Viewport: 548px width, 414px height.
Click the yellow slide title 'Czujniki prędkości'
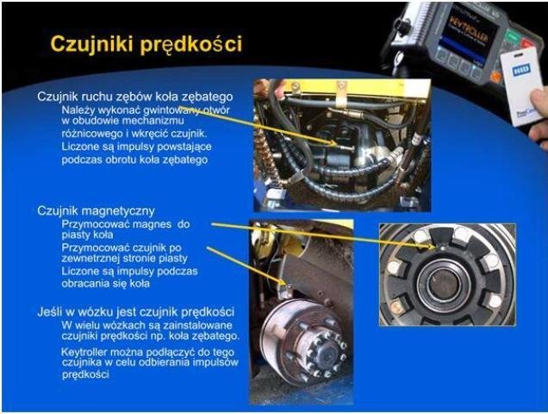tap(146, 45)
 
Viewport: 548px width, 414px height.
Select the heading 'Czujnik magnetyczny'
tap(97, 211)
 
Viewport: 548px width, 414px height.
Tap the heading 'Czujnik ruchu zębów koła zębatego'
tap(135, 97)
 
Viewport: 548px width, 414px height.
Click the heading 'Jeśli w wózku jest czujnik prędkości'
tap(135, 312)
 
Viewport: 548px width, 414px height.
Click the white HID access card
tap(520, 85)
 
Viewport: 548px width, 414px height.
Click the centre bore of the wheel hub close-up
tap(445, 284)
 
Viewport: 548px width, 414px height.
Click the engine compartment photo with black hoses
tap(342, 145)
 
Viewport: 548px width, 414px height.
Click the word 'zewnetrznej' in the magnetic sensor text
tap(90, 258)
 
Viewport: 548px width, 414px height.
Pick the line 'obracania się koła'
tap(105, 283)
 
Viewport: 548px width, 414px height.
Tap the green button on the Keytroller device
tap(513, 36)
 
